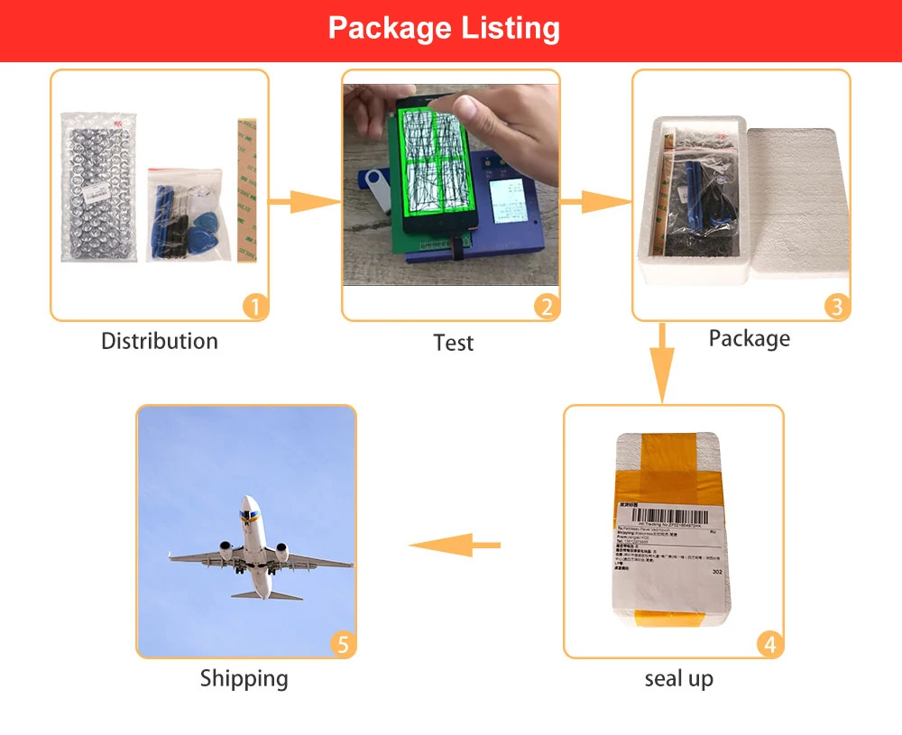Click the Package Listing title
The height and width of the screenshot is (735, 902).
click(444, 28)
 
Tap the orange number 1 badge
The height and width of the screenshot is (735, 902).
click(255, 308)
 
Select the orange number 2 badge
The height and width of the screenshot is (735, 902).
click(546, 308)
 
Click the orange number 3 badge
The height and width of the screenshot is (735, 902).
click(836, 308)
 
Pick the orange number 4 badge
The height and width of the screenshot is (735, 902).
click(769, 645)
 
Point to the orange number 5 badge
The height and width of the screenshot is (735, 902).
click(342, 645)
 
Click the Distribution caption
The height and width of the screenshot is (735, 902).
click(160, 341)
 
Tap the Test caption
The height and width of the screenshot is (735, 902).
click(453, 343)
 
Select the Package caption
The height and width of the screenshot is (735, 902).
click(749, 338)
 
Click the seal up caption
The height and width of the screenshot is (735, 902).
click(678, 678)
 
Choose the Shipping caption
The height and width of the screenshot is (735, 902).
click(244, 678)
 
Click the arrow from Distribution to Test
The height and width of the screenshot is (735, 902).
click(304, 201)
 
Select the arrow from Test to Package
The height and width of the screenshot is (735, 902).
click(595, 201)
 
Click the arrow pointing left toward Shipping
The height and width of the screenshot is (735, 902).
click(456, 544)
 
